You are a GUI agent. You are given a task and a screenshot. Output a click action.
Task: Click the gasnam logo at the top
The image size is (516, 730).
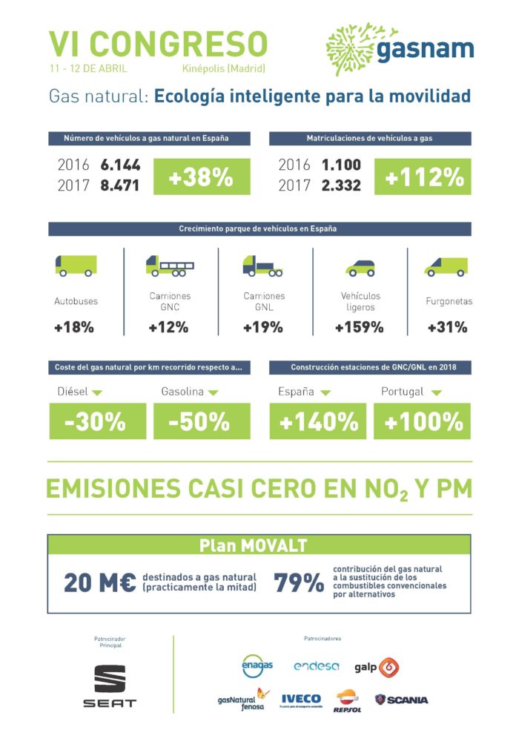pos(400,48)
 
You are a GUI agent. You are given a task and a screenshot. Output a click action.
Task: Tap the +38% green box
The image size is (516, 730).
pos(201,177)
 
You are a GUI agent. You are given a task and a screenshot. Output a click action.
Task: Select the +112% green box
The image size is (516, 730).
pos(423,177)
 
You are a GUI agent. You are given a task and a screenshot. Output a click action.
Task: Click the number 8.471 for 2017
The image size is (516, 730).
pos(120,185)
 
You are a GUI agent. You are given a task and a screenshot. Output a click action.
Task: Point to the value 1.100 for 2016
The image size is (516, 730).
pos(341,165)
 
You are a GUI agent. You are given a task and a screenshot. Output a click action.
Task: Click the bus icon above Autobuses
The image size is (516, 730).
pos(76,265)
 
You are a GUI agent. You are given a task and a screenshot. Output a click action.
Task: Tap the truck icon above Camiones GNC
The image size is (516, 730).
pos(170,266)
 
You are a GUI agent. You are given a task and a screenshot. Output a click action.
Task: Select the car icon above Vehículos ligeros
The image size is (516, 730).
pos(360,268)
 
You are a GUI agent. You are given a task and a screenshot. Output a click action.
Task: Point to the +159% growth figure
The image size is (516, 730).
pos(360,327)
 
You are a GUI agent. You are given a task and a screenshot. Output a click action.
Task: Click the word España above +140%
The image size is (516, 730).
pos(296,392)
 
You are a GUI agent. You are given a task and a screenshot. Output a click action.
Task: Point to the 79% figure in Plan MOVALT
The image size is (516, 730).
pos(299,583)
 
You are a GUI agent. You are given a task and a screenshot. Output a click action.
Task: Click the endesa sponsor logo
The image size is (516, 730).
pos(316,666)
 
